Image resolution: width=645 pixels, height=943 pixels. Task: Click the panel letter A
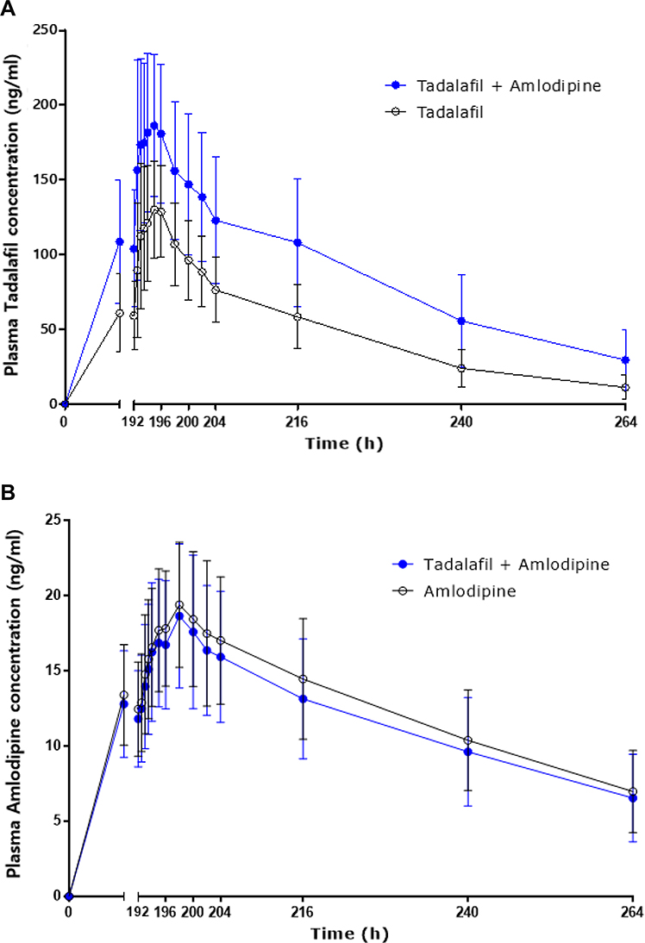click(x=8, y=9)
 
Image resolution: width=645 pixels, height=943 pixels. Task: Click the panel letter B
click(x=8, y=493)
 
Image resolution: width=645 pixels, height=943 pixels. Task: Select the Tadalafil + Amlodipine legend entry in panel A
click(x=492, y=86)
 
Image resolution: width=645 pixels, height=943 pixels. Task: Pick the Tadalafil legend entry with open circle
click(x=435, y=112)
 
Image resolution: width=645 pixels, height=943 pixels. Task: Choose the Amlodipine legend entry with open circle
click(x=454, y=591)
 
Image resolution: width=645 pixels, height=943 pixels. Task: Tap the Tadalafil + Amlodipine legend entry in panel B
click(x=501, y=565)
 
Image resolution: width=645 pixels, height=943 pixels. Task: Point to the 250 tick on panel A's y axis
click(x=47, y=30)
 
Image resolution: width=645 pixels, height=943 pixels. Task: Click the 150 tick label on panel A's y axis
click(x=47, y=180)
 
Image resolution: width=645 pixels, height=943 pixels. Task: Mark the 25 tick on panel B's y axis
click(x=53, y=521)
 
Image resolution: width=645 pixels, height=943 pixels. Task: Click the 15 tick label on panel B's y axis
click(x=53, y=671)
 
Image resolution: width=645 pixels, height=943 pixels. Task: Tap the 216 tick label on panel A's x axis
click(x=297, y=422)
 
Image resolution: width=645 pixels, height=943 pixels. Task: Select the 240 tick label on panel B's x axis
click(x=467, y=912)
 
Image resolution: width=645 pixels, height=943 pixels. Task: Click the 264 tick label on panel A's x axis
click(x=626, y=422)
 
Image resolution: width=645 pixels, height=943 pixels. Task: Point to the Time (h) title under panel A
click(x=343, y=445)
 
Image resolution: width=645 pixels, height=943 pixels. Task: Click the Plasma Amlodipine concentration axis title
click(x=13, y=703)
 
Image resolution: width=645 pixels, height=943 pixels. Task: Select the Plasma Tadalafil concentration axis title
click(x=11, y=215)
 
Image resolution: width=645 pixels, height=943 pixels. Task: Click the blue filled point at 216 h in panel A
click(x=297, y=242)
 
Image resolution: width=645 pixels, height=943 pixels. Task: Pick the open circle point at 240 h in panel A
click(x=461, y=368)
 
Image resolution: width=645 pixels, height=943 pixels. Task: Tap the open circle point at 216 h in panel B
click(x=304, y=679)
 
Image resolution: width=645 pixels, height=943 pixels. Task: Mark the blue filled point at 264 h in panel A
click(x=626, y=360)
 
